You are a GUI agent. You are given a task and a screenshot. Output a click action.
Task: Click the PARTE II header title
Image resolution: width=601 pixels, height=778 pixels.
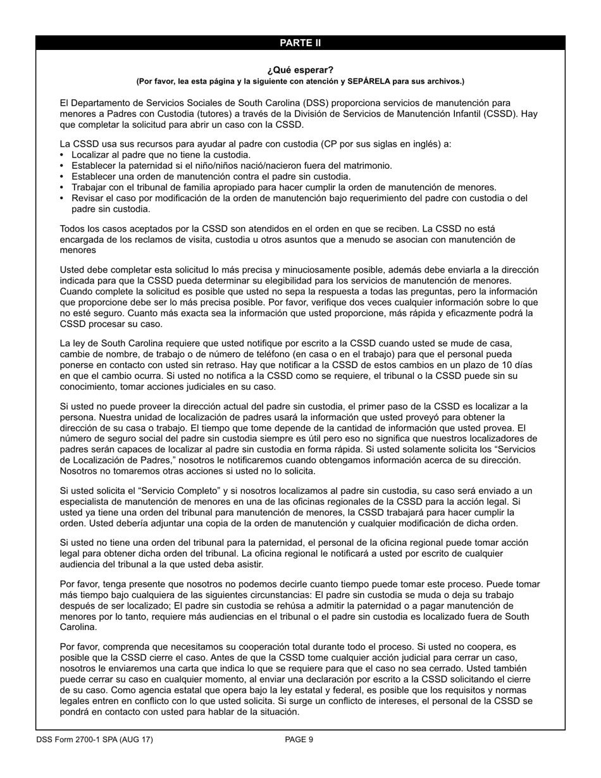tap(300, 43)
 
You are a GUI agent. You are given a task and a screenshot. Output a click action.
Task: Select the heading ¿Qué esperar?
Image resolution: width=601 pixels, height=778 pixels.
tap(300, 70)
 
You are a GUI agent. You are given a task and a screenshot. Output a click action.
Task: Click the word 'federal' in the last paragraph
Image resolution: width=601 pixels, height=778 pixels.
tap(313, 690)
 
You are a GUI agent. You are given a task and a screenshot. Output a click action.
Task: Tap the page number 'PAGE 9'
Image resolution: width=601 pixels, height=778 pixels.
tap(299, 739)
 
